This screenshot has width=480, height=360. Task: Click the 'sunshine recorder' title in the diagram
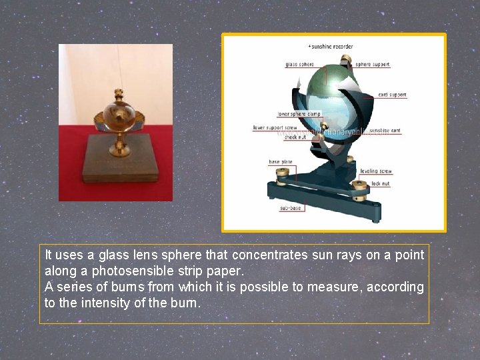tap(331, 47)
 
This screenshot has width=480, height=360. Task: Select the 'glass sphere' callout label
tap(299, 65)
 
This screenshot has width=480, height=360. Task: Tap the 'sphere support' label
tap(373, 65)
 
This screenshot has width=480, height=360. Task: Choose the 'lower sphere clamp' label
tap(299, 114)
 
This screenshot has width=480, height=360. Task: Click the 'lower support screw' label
tap(275, 127)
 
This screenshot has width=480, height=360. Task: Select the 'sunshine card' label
tap(385, 131)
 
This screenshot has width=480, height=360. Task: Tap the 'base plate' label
tap(280, 162)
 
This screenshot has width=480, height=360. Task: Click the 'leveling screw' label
tap(377, 171)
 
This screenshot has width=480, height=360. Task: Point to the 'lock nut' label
tap(381, 183)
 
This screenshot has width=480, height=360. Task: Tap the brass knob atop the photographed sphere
tap(121, 91)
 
